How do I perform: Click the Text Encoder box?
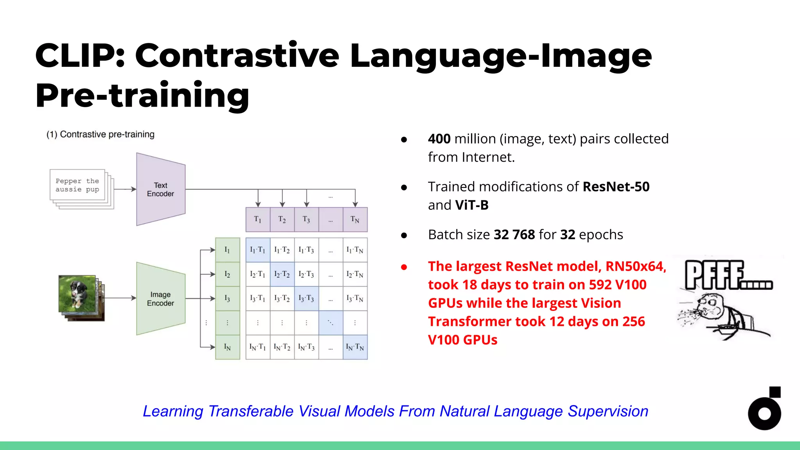point(161,189)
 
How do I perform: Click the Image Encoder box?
point(161,299)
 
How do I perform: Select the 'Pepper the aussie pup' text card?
point(77,185)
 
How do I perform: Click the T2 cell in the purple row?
point(282,220)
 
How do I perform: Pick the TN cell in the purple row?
point(355,220)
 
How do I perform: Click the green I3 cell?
point(227,298)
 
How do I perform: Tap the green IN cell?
point(227,347)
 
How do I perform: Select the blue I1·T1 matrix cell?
point(257,250)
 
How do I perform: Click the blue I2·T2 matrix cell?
point(282,274)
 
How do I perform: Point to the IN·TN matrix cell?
point(355,347)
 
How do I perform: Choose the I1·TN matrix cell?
point(355,250)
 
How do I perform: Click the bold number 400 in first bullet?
point(439,139)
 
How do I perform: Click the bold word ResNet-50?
point(616,187)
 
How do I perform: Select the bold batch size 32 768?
point(514,235)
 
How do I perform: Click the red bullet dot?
point(404,267)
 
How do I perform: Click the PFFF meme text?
point(727,275)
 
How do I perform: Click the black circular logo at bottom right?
point(764,412)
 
